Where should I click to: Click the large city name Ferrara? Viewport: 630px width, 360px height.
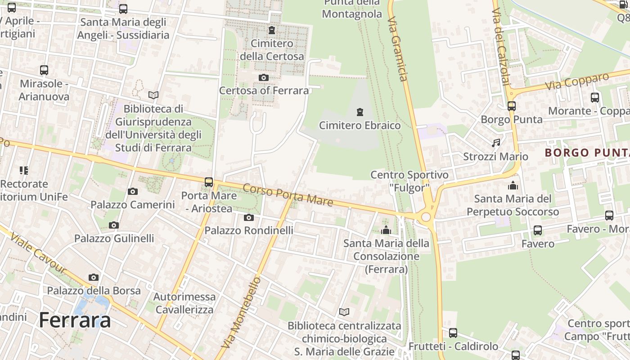click(x=75, y=320)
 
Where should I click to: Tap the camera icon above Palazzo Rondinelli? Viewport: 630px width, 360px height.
click(x=248, y=218)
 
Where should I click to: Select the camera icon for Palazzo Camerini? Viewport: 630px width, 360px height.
click(x=132, y=192)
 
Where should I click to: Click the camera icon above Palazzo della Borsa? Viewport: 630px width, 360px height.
click(x=94, y=278)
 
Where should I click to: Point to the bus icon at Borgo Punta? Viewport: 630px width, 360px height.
click(x=511, y=106)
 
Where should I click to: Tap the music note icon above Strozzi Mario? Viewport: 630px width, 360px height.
click(x=496, y=143)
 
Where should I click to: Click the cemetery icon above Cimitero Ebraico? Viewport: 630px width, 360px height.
click(x=360, y=112)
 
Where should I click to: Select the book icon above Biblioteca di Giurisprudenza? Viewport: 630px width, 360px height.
click(x=153, y=95)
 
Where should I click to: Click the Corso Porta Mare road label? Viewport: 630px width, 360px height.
click(x=288, y=195)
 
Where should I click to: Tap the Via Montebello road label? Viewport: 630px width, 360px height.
click(x=242, y=313)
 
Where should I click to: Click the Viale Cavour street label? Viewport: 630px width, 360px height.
click(x=38, y=253)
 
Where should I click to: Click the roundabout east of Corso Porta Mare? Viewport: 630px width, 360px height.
click(x=426, y=217)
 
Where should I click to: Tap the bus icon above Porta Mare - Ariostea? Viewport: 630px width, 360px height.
click(x=209, y=182)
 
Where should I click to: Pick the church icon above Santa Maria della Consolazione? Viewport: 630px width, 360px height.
click(x=386, y=230)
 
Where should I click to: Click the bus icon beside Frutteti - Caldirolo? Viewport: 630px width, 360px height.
click(x=453, y=333)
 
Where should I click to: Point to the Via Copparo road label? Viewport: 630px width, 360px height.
click(x=577, y=81)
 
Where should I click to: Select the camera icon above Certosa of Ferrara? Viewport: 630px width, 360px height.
click(x=264, y=78)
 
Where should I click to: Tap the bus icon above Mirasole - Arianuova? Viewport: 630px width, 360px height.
click(x=44, y=70)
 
